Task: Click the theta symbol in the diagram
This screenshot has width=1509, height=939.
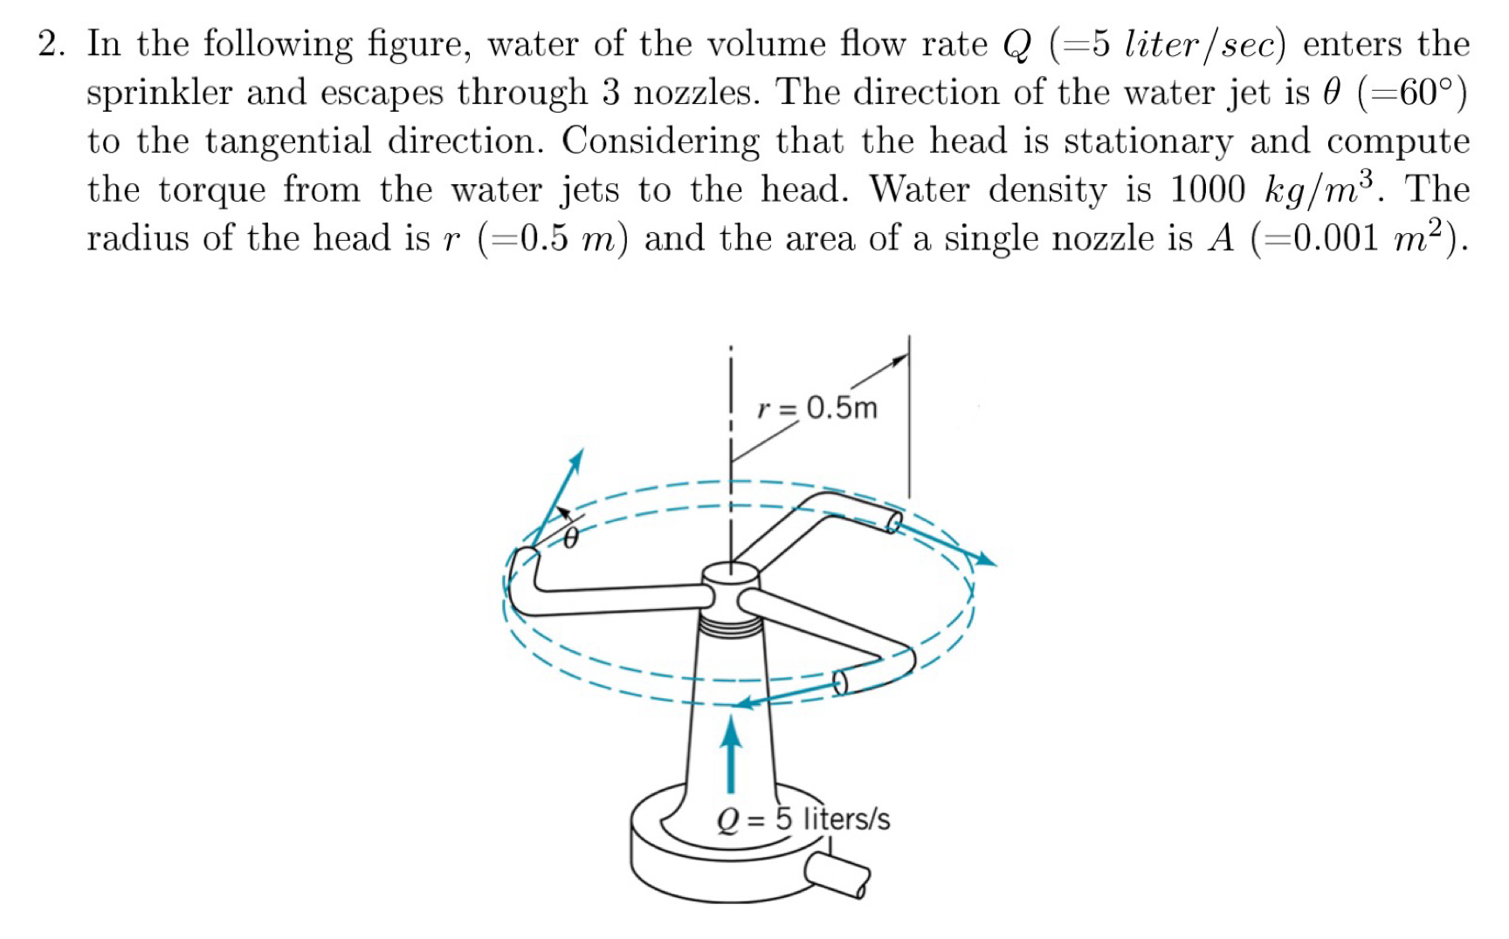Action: tap(569, 538)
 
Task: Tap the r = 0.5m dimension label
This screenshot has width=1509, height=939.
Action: tap(817, 408)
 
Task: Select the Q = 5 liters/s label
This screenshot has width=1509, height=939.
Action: tap(803, 819)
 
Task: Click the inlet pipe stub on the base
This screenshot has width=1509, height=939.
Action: tap(837, 874)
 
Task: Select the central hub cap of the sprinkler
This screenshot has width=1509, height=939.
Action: tap(730, 572)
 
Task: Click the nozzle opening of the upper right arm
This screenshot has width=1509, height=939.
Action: tap(892, 522)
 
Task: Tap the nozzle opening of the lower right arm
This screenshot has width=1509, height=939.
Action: tap(840, 682)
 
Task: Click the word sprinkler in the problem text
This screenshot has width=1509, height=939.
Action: tap(158, 93)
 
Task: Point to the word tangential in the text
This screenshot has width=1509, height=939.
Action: tap(288, 141)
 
